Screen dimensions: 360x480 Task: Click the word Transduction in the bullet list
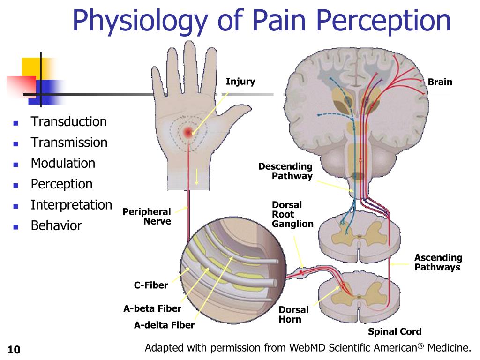[68, 122]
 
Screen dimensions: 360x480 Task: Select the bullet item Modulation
[63, 163]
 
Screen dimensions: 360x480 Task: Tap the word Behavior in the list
[56, 225]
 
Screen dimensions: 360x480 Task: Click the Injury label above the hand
[240, 82]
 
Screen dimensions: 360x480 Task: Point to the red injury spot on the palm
[188, 132]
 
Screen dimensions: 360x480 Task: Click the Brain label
[440, 82]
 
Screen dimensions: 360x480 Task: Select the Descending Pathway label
[285, 171]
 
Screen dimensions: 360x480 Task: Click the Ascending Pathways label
[438, 262]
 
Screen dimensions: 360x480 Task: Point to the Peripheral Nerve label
[147, 217]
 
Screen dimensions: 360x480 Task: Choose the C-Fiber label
[150, 285]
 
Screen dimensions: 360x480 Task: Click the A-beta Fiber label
[152, 308]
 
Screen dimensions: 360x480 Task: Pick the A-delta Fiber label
[164, 325]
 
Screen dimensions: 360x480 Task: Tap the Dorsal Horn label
[293, 315]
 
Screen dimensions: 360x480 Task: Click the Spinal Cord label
[394, 332]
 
